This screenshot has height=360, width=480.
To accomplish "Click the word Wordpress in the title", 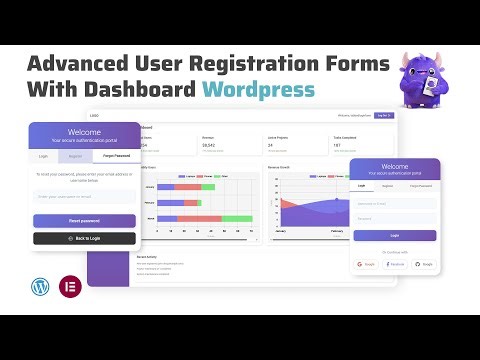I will [x=258, y=89].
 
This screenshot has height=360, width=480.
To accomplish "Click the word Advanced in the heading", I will [x=86, y=62].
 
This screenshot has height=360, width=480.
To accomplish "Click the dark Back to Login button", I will [x=84, y=238].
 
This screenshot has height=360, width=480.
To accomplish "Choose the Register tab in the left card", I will [x=74, y=157].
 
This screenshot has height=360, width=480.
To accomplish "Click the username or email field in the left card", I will [x=84, y=197].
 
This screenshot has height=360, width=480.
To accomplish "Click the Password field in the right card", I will [x=394, y=218].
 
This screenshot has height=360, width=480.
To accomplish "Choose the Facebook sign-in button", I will [x=394, y=264].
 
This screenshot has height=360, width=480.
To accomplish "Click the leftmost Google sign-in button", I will [x=366, y=264].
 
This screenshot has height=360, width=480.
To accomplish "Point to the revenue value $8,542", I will [x=209, y=145].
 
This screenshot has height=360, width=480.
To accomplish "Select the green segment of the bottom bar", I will [x=236, y=217].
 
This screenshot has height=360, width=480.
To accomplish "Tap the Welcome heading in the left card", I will [x=84, y=130].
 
